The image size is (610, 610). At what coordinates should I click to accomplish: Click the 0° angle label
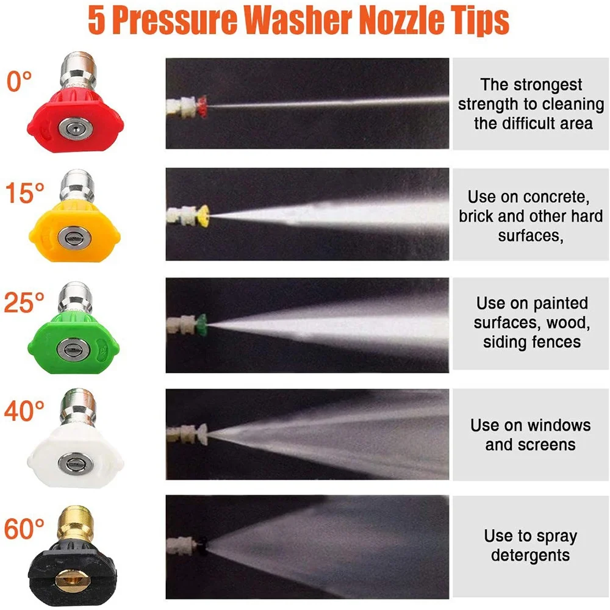[19, 81]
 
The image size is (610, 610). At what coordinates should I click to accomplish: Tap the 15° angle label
[24, 193]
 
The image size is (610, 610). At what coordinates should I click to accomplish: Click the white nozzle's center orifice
[76, 463]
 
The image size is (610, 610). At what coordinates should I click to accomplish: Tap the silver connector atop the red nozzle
[79, 71]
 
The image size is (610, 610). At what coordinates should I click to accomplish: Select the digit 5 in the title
[97, 20]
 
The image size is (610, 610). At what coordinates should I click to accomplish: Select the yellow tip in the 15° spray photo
[204, 215]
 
